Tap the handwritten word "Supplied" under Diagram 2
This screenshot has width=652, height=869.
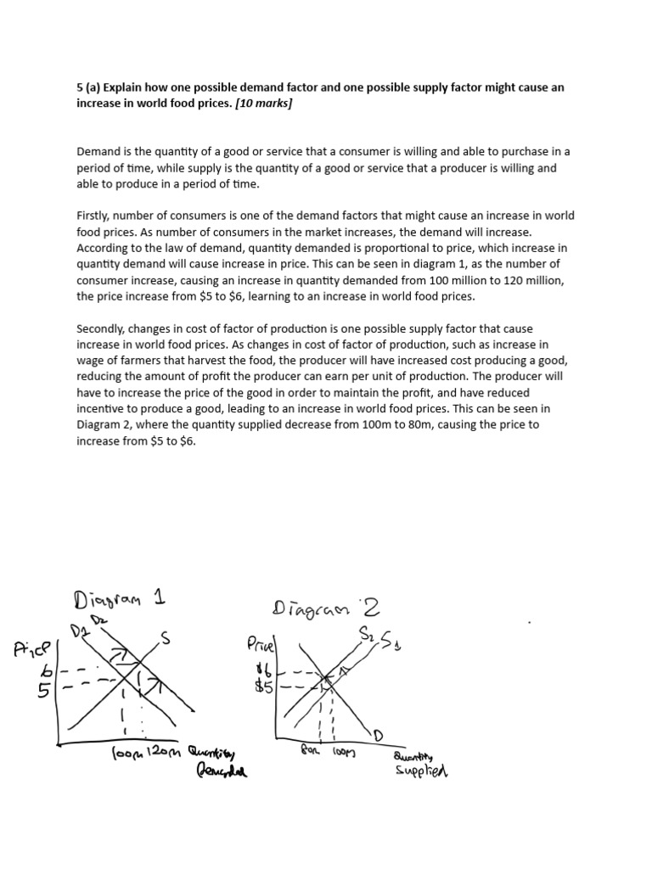[x=420, y=771]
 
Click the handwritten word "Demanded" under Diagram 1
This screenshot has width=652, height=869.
[x=222, y=771]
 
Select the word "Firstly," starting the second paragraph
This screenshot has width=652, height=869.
[x=96, y=216]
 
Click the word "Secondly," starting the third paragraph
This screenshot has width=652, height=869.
[x=104, y=328]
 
